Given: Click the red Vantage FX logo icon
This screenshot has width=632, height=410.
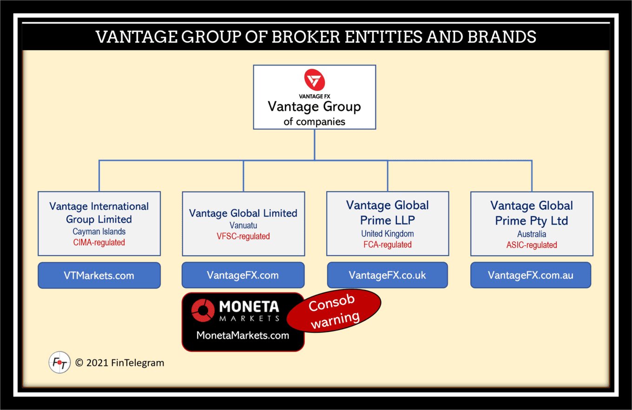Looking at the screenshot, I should click(315, 79).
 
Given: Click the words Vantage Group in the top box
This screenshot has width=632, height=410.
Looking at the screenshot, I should click(314, 106).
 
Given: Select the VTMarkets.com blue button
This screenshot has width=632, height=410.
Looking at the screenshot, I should click(99, 275).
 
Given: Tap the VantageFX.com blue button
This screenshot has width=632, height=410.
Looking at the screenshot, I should click(243, 275).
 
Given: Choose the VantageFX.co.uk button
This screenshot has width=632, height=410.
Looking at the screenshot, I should click(387, 275).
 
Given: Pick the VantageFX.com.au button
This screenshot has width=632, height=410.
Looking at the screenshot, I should click(531, 275).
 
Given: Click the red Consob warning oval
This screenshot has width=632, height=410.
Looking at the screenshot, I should click(334, 311).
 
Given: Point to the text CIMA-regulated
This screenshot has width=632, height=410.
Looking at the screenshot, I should click(99, 242).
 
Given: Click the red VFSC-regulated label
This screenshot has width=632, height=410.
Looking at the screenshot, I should click(243, 236).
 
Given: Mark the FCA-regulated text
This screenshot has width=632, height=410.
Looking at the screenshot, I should click(388, 245).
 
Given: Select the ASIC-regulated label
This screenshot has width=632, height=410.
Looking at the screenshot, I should click(532, 245).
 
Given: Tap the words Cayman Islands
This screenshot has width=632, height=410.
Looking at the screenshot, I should click(99, 231).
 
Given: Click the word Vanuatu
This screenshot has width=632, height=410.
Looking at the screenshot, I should click(243, 225).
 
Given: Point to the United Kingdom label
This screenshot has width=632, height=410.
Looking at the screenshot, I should click(388, 234).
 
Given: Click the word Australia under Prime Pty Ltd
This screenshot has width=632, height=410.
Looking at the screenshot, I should click(532, 234).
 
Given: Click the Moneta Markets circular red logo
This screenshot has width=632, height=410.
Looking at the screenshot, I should click(203, 311).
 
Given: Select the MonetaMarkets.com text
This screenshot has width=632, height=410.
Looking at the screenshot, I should click(243, 335).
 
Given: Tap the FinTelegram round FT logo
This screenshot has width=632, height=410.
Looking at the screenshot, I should click(59, 363).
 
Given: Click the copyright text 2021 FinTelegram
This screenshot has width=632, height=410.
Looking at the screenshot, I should click(120, 363).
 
